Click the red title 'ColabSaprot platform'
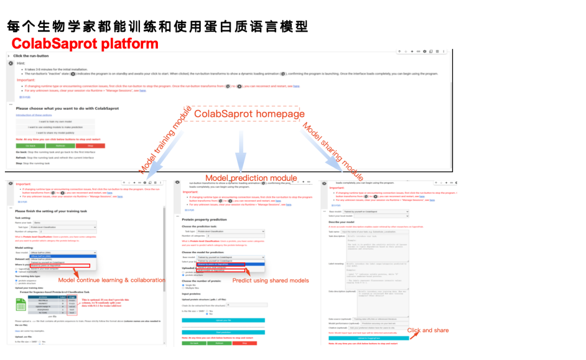coord(85,43)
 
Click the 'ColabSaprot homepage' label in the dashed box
coord(249,113)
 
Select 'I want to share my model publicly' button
coord(55,132)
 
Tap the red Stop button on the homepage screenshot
coord(90,146)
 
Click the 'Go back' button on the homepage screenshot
coord(30,146)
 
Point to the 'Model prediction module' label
coord(251,178)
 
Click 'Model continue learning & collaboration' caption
coord(111,280)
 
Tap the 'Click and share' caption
coord(428,330)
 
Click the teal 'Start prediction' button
coord(224,332)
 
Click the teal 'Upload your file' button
coord(224,320)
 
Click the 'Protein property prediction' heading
coord(204,219)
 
